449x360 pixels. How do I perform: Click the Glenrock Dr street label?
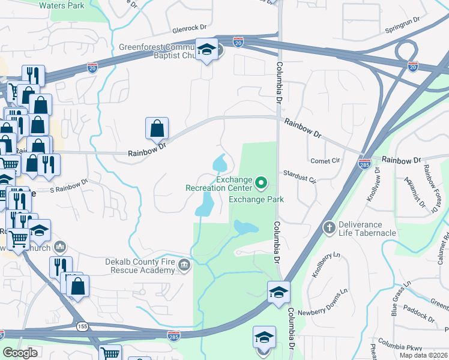[x=189, y=28]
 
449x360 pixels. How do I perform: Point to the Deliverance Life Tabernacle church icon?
[x=329, y=227]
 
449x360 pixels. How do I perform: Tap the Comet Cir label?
[x=325, y=161]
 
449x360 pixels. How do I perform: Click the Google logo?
[x=20, y=353]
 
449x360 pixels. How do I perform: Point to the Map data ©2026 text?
[x=423, y=355]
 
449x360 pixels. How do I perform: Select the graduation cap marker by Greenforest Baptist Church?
[x=206, y=50]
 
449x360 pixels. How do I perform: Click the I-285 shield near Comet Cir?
[x=364, y=163]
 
